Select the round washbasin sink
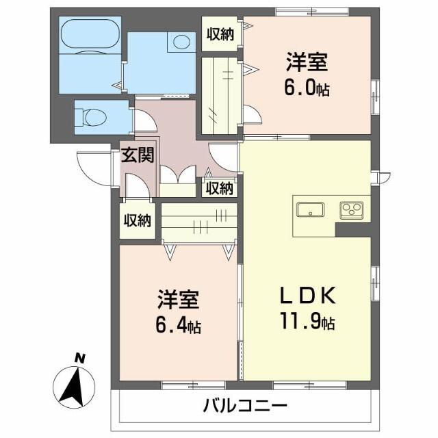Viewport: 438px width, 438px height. [182, 41]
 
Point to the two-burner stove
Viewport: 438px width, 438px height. [353, 209]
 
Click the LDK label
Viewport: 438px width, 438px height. [307, 296]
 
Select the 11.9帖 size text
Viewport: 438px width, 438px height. [307, 320]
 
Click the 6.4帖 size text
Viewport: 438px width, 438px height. [178, 324]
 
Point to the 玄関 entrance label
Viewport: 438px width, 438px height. [138, 155]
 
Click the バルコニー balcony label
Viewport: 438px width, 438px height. [244, 407]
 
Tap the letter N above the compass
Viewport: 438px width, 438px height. [80, 357]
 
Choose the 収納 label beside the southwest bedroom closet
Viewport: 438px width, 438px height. [137, 220]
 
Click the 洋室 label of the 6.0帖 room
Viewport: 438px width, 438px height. [307, 64]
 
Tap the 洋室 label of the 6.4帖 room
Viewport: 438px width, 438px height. [178, 299]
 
